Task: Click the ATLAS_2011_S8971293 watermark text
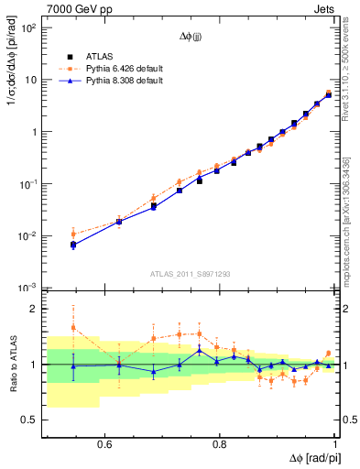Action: tap(191, 273)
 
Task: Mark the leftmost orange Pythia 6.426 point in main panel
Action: tap(48, 234)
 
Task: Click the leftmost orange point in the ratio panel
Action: tap(48, 327)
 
